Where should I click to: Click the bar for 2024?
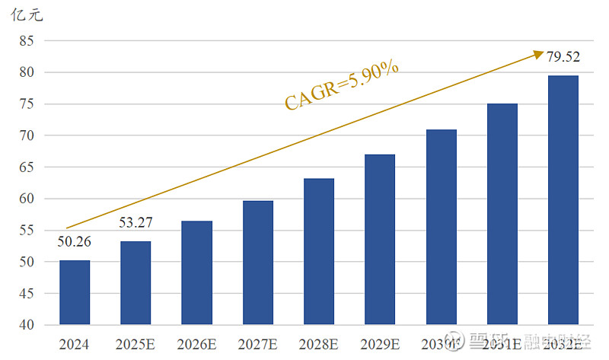coord(75,292)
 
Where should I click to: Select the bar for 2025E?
coord(136,282)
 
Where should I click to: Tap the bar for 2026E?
coord(196,272)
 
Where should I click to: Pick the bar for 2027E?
coord(257,263)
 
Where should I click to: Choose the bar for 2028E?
coord(319,251)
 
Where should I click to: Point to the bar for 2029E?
coord(380,239)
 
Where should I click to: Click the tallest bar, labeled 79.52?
coord(563,200)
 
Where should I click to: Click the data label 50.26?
coord(75,243)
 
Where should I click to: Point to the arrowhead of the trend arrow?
coord(535,53)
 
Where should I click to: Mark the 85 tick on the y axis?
coord(27,41)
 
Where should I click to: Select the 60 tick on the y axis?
coord(27,199)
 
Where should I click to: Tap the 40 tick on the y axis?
coord(27,325)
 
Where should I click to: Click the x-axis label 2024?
coord(74,344)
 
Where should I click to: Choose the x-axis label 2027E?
coord(257,344)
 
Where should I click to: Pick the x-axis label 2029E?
coord(380,344)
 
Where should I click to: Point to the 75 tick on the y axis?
coord(27,104)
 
